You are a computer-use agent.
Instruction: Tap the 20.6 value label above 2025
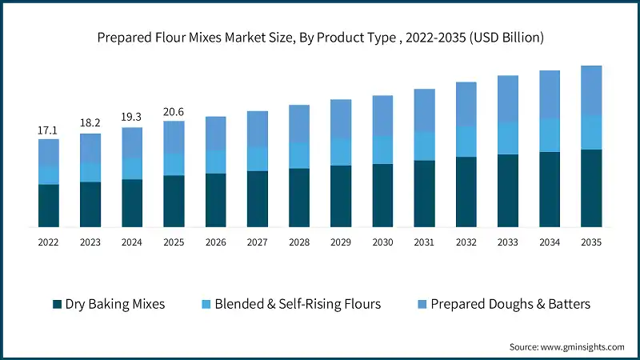[174, 111]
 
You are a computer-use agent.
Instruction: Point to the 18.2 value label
[90, 123]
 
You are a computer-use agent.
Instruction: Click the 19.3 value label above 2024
[132, 117]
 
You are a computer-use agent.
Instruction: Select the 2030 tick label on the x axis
[382, 241]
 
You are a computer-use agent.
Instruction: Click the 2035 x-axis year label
[591, 241]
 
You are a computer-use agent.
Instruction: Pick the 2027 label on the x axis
[258, 241]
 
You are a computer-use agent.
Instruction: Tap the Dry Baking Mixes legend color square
[57, 304]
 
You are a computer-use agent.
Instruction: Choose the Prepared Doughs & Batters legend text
[510, 304]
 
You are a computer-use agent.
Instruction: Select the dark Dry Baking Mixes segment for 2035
[591, 188]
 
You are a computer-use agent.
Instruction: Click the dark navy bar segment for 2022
[49, 206]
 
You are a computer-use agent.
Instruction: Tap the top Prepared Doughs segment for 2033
[508, 98]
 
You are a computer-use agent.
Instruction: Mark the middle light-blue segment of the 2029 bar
[341, 151]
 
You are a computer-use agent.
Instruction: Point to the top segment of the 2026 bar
[216, 133]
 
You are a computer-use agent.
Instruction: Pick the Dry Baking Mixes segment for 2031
[425, 194]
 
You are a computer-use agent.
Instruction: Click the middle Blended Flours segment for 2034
[550, 135]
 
